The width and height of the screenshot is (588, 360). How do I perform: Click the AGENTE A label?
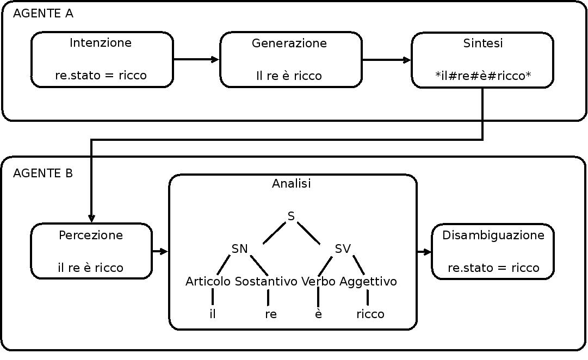pos(43,14)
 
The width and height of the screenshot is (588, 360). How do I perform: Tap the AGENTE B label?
pos(43,173)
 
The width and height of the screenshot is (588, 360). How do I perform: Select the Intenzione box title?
pos(101,43)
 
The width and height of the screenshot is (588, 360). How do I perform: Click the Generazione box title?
pos(289,44)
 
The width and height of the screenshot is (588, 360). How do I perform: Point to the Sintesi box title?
pos(483,44)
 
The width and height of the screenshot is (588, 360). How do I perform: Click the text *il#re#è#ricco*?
pos(483,76)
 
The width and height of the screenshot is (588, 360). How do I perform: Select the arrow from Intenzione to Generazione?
pos(196,59)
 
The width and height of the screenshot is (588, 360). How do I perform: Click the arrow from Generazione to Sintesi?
pos(387,60)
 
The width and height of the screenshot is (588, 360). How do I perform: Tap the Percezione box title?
pos(91,235)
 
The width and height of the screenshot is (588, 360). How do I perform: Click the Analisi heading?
pos(292,184)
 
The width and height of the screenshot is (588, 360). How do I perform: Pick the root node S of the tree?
pos(292,216)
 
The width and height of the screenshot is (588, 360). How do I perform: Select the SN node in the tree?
pos(240,249)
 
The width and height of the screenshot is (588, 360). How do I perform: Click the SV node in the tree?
pos(343,249)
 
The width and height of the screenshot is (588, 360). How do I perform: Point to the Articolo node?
pos(208,282)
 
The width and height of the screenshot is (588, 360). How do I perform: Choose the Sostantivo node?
pos(266,282)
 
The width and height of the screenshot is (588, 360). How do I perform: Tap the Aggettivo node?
pos(368,282)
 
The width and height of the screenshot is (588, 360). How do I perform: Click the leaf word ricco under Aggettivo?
pos(370,314)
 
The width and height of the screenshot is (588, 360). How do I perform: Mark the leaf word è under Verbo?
pos(318,314)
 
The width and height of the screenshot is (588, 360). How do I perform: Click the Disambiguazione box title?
pos(493,235)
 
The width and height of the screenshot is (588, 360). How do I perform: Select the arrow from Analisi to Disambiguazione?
pos(424,252)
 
